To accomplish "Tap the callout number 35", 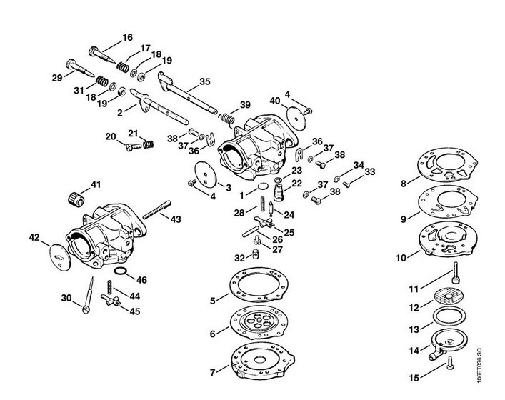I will [x=205, y=81].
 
